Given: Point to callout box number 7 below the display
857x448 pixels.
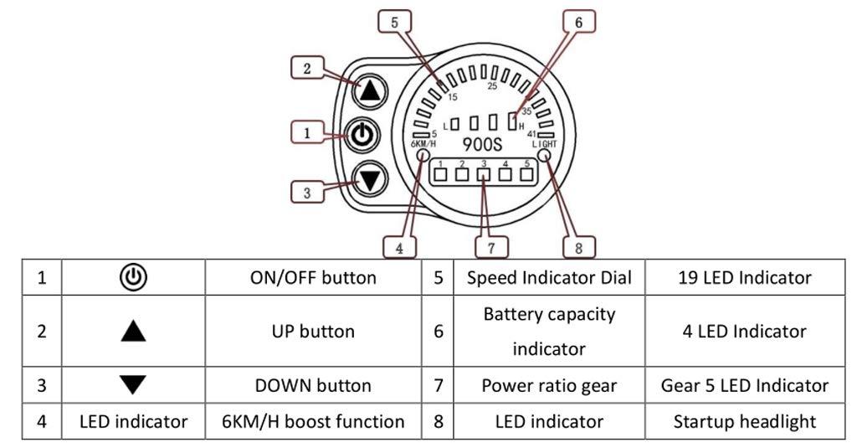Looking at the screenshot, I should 485,248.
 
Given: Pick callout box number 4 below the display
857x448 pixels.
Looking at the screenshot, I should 398,248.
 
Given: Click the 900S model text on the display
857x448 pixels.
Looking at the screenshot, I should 481,142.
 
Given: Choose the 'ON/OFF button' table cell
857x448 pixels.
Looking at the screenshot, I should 313,278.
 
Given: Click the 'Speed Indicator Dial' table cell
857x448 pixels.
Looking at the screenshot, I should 549,278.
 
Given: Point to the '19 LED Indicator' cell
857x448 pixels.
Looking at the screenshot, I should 744,278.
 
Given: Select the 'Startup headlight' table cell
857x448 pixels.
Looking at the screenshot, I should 744,421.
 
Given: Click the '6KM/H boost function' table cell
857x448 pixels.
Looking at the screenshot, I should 313,421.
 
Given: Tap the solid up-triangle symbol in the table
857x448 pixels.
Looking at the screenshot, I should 134,332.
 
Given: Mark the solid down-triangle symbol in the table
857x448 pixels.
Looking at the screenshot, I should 134,385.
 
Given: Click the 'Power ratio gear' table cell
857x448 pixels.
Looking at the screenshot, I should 549,385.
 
